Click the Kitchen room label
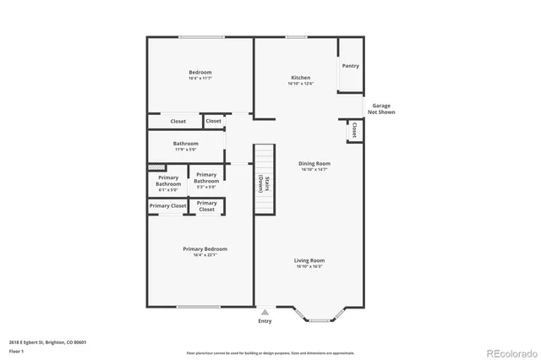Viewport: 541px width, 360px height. (x=300, y=78)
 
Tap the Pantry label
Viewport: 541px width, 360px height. (x=350, y=66)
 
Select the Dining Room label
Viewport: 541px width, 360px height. (x=314, y=163)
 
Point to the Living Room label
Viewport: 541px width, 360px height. (x=309, y=260)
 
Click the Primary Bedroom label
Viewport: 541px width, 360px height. (x=205, y=249)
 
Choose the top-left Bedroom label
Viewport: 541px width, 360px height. (x=200, y=72)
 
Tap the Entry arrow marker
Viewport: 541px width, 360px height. (x=265, y=312)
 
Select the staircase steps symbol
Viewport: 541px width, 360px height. (x=265, y=158)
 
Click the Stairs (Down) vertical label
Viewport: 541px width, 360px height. (x=265, y=184)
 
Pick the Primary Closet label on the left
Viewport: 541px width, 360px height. (x=167, y=206)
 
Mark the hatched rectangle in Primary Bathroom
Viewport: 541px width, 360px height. (x=156, y=167)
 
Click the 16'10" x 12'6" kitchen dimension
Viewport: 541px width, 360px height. (x=300, y=84)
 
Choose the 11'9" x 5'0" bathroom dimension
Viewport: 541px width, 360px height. (x=185, y=150)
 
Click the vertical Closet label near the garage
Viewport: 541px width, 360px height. (x=354, y=130)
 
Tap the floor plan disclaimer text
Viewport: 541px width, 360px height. (x=270, y=352)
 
